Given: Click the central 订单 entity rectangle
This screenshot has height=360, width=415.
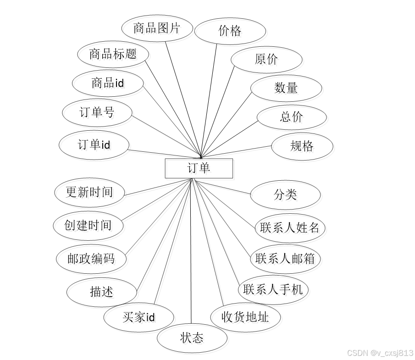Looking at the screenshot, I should [199, 168].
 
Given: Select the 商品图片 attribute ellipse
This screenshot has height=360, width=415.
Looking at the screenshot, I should [156, 28].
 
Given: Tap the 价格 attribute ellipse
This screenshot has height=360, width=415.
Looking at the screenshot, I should [230, 31].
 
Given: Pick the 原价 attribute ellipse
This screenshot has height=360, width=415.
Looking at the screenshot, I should [266, 59].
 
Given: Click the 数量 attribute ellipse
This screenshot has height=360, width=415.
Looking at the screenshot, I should [286, 88].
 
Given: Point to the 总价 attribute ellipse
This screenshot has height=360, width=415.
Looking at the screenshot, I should [291, 117].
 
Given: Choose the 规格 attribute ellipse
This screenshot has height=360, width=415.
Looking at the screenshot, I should [302, 146].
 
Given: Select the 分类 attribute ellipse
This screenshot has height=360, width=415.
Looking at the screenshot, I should [285, 194].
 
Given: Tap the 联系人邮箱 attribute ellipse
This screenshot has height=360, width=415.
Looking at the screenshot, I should [285, 259].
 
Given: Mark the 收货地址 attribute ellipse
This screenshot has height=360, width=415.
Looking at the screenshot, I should [245, 317].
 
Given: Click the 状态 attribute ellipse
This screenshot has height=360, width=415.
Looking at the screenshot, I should [192, 338].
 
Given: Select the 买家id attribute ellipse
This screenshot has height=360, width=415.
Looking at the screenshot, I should [138, 317].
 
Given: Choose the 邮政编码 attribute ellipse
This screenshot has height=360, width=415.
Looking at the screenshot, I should [90, 259].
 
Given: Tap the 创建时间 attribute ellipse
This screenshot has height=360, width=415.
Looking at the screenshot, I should [89, 225].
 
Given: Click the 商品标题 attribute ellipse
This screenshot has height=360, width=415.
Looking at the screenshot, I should [113, 54].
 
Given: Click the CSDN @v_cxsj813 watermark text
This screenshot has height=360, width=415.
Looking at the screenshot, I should [380, 353].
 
